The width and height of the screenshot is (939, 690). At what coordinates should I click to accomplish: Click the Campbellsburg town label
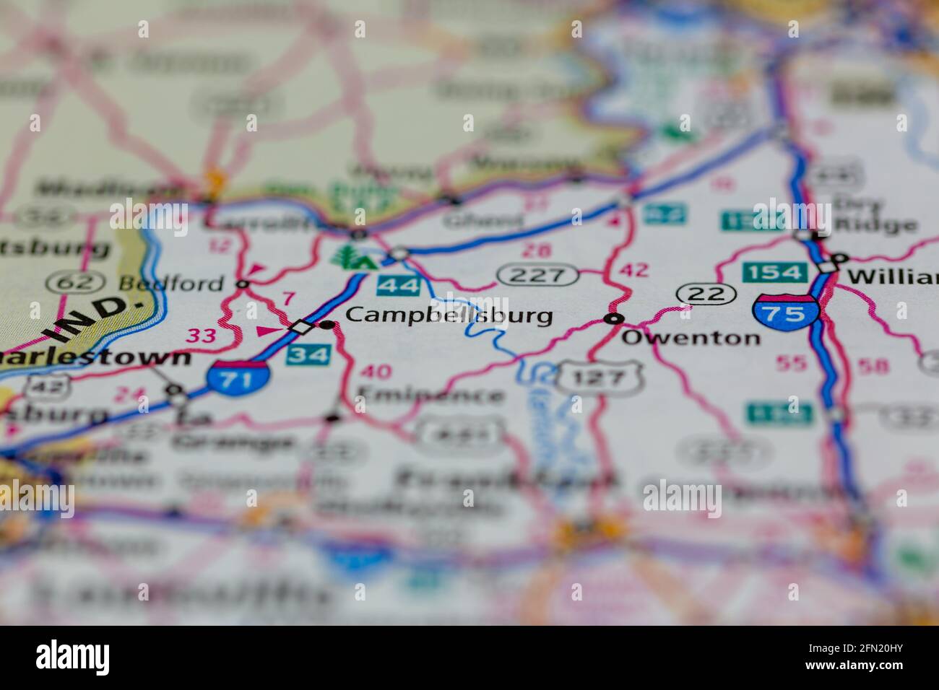(449, 315)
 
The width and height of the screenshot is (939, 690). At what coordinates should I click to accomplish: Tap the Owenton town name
(691, 337)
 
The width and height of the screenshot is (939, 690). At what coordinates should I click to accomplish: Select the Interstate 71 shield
(238, 377)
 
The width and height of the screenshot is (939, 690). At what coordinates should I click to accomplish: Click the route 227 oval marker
(538, 274)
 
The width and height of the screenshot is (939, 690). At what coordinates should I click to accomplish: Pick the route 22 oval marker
(706, 293)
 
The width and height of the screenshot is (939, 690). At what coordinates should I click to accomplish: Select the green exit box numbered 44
(398, 286)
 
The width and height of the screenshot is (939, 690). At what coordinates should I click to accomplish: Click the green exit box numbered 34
(308, 354)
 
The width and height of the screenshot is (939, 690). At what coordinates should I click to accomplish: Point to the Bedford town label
(171, 282)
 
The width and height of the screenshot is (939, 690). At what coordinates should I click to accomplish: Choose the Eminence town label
(430, 395)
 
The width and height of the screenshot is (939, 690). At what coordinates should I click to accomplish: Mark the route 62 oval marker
(69, 282)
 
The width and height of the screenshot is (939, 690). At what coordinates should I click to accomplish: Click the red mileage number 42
(634, 271)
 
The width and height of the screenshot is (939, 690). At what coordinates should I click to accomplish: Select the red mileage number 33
(202, 335)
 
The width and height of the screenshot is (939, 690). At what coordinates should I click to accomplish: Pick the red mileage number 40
(376, 372)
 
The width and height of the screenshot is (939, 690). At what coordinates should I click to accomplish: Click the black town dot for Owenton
(614, 318)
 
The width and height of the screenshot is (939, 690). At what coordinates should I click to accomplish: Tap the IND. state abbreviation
(95, 318)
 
